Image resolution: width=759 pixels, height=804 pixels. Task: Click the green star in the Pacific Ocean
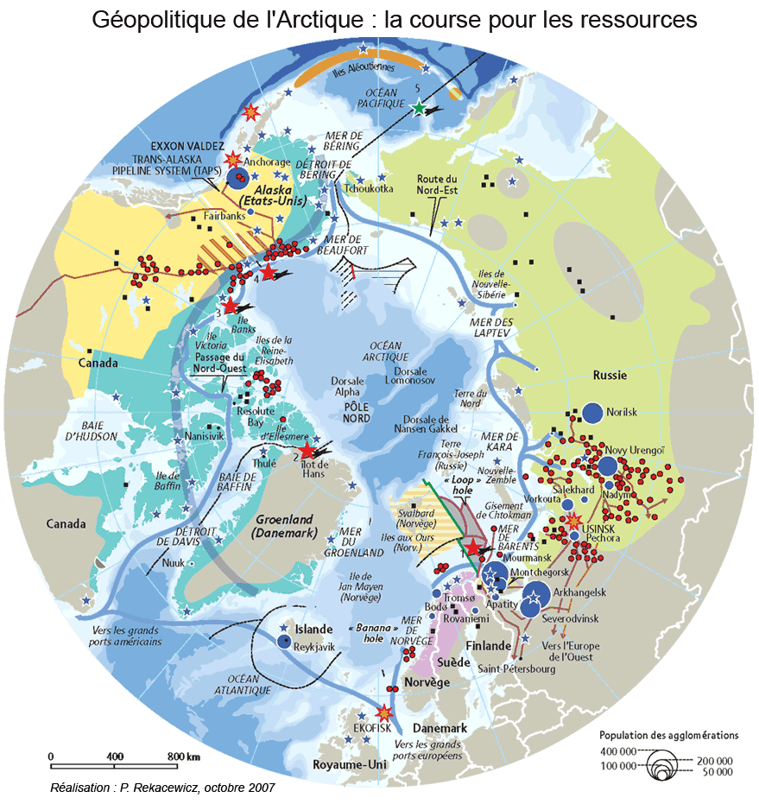(419, 109)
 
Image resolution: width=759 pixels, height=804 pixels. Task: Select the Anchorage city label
(267, 161)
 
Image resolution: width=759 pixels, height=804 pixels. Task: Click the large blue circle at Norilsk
(592, 413)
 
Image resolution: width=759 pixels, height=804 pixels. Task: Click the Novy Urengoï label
(634, 449)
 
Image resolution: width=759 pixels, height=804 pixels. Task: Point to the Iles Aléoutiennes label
(364, 68)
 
